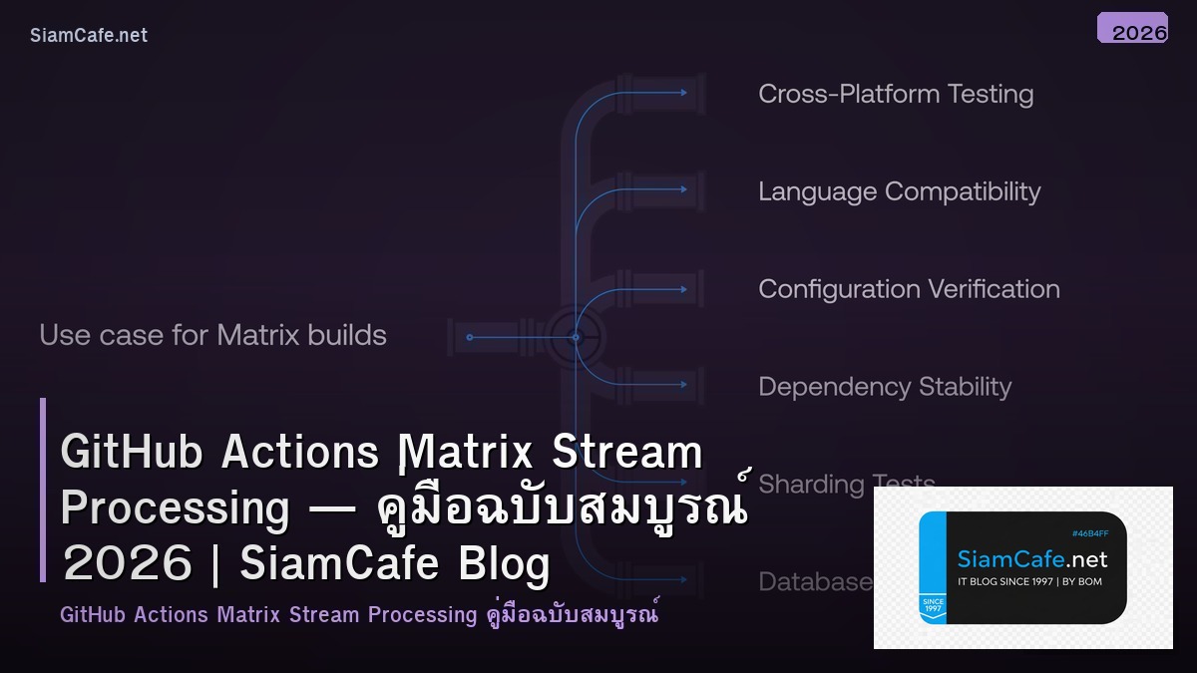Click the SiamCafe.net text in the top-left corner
[x=89, y=36]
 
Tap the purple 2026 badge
[x=1132, y=28]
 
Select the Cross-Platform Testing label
[x=895, y=94]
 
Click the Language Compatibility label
[x=899, y=191]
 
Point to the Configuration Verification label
[x=909, y=289]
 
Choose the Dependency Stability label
[x=885, y=387]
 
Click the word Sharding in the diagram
[x=810, y=484]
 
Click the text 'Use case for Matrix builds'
[x=212, y=335]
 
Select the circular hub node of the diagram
[x=576, y=337]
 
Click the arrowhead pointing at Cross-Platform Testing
[x=683, y=93]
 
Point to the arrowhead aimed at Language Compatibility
[x=683, y=190]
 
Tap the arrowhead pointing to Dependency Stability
[x=683, y=386]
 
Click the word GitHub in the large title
[x=131, y=453]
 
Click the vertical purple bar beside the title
[x=43, y=490]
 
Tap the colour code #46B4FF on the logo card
[x=1089, y=533]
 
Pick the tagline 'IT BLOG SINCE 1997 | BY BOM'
[x=1029, y=581]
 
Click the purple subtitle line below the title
[x=359, y=614]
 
